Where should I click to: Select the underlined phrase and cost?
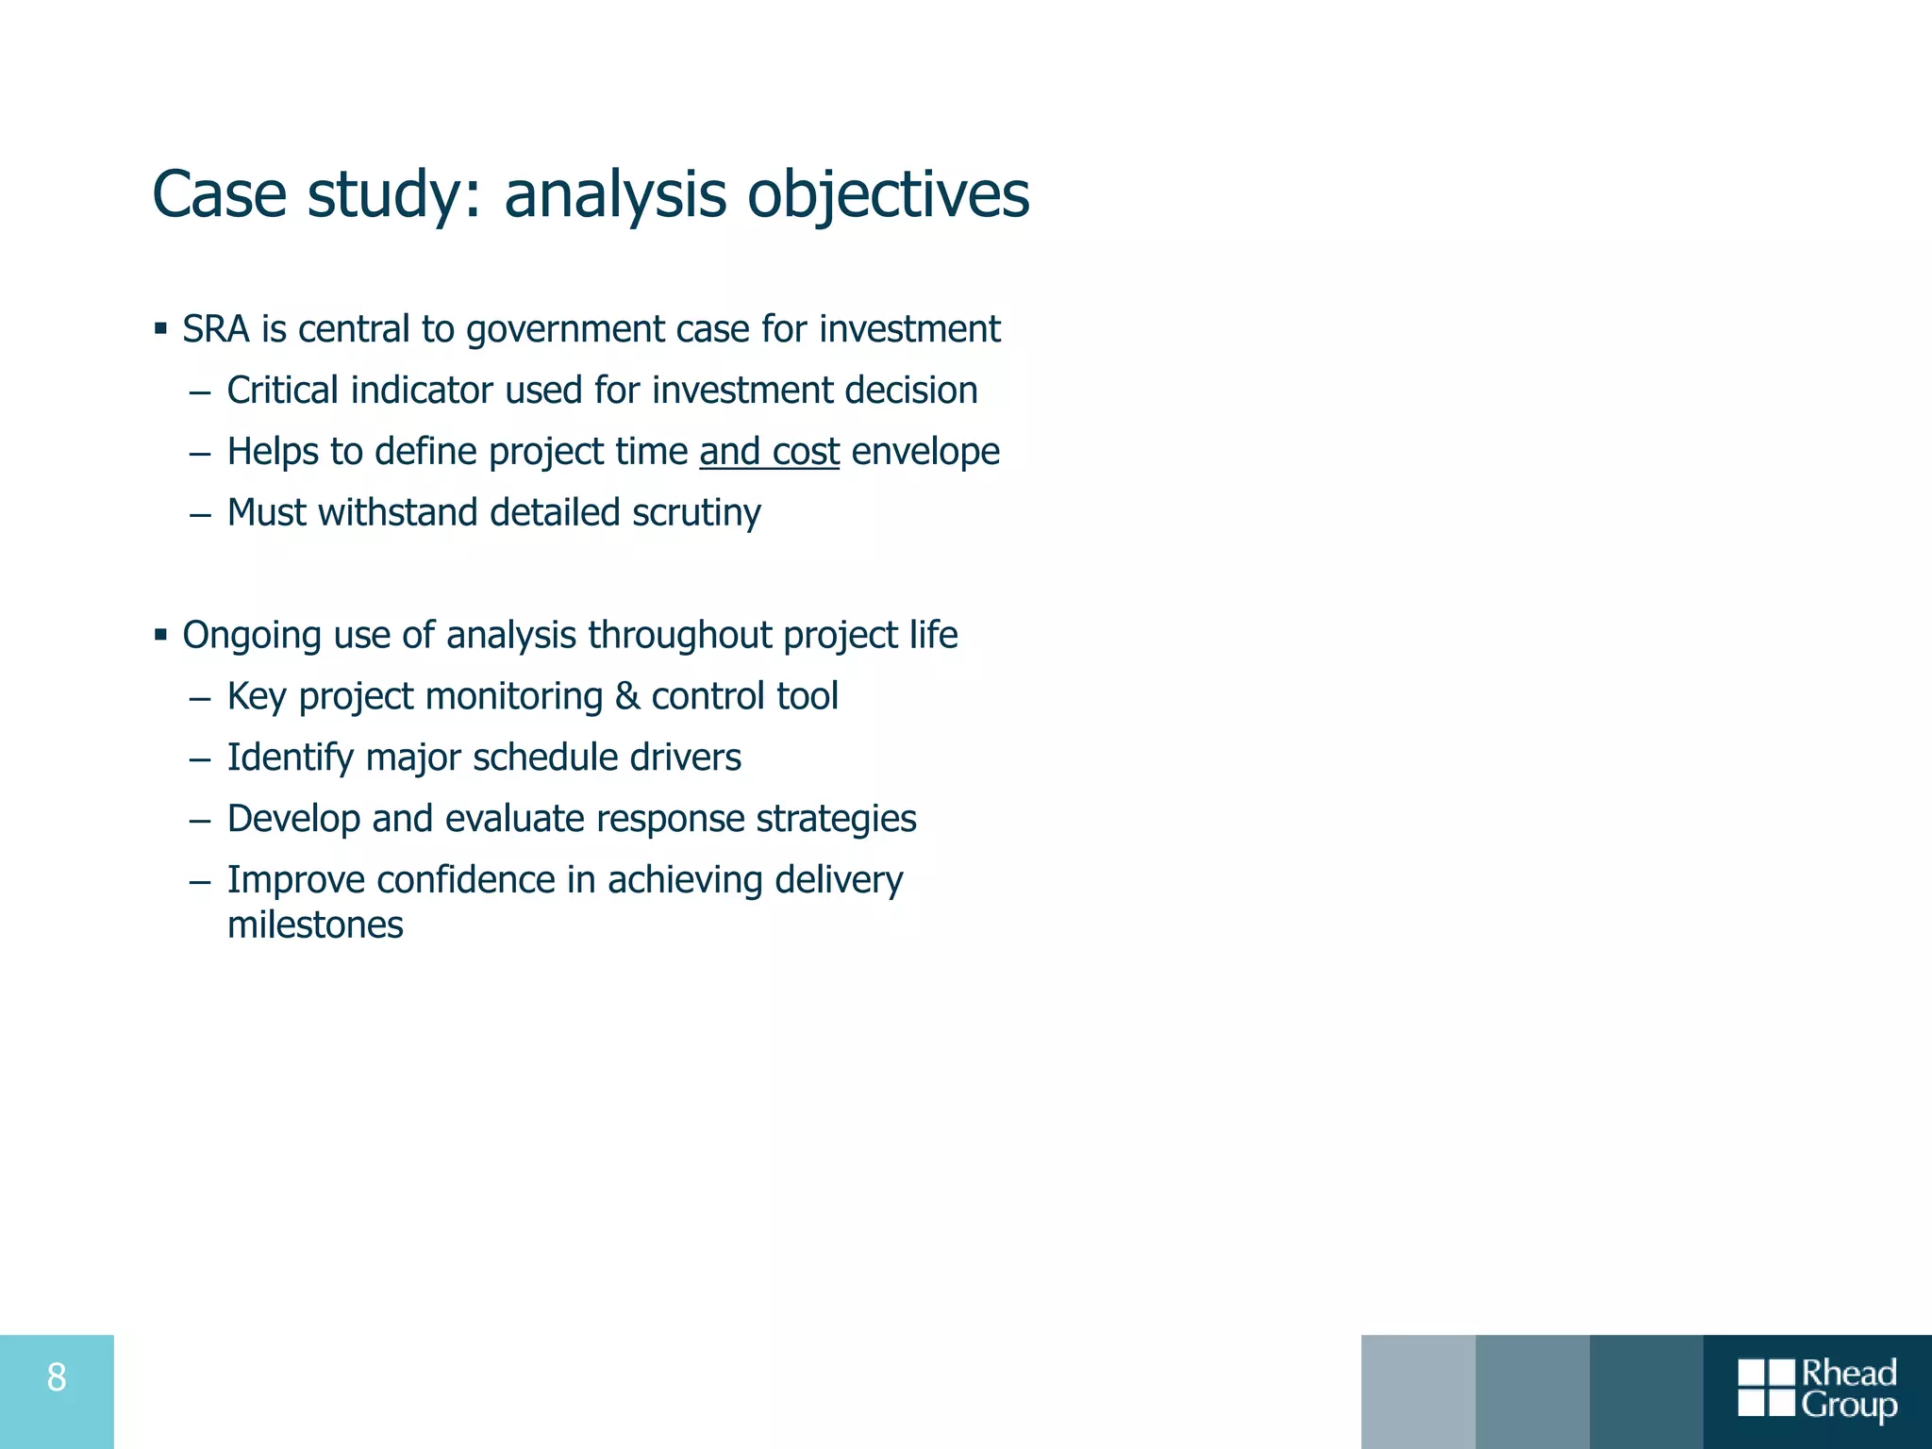pos(769,452)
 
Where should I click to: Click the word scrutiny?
pos(696,513)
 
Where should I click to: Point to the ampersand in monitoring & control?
pos(626,697)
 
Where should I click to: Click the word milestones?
pos(315,925)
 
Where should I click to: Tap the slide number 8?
pos(57,1378)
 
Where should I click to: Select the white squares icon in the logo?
pos(1766,1388)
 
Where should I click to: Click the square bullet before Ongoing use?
pos(160,635)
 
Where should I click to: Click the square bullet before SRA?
pos(160,329)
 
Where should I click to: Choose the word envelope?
pos(924,452)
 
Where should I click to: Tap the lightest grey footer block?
pos(1418,1391)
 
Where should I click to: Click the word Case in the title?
pos(219,195)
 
